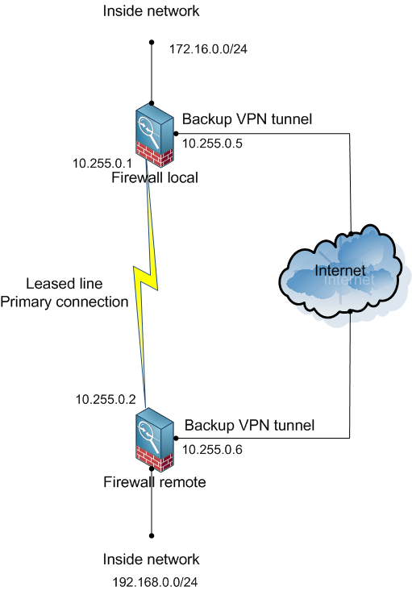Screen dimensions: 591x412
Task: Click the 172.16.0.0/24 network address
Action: [x=207, y=49]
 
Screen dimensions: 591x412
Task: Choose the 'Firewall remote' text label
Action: [x=155, y=482]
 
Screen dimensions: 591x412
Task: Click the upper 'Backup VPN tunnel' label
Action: [x=247, y=119]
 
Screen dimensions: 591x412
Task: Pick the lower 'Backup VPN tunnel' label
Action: [x=248, y=424]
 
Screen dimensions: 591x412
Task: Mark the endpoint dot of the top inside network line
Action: [x=152, y=43]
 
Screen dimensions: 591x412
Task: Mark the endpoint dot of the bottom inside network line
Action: [x=152, y=535]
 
